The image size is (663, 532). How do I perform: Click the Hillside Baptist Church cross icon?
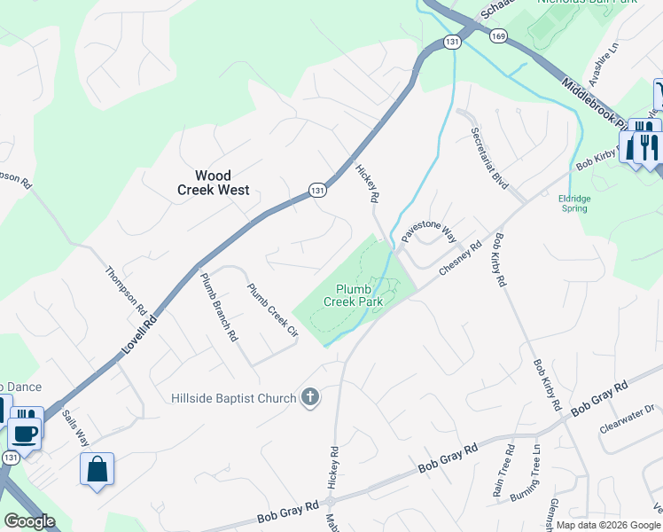click(310, 397)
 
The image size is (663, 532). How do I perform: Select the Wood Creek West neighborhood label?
click(213, 183)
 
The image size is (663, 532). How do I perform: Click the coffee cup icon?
click(25, 434)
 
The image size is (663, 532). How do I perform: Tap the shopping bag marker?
click(97, 469)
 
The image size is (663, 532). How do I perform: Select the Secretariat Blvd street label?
click(489, 158)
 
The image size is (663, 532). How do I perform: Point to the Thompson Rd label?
click(125, 291)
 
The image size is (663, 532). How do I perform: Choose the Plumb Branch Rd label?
click(218, 307)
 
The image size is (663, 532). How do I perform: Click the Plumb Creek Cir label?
click(270, 310)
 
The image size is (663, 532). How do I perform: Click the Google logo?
click(29, 521)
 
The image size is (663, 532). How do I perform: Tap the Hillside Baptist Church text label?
click(233, 398)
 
